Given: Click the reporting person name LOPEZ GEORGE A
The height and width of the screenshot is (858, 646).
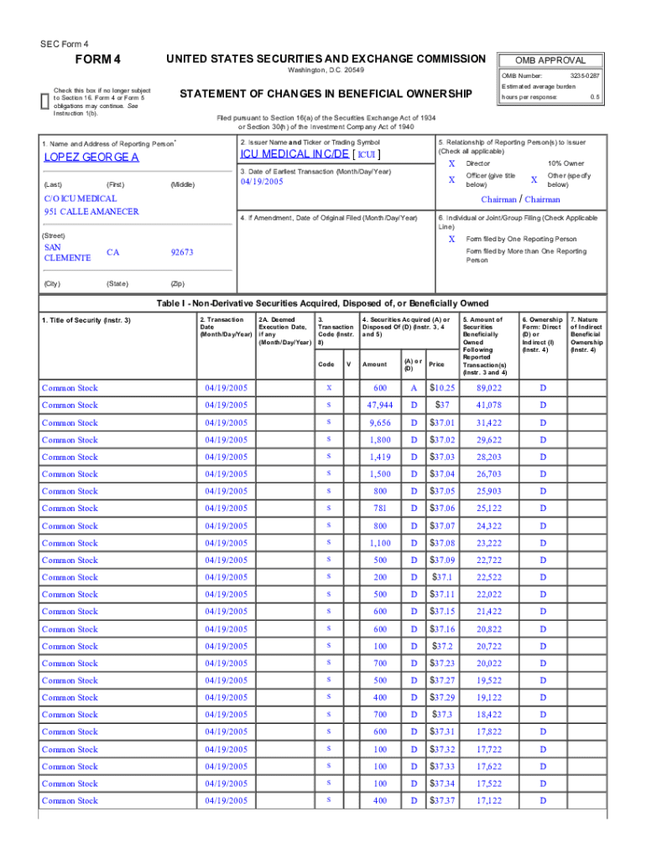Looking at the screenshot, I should (91, 158).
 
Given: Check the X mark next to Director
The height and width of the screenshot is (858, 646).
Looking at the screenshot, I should (451, 163).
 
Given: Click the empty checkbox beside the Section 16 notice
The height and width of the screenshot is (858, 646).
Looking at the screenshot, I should (45, 100).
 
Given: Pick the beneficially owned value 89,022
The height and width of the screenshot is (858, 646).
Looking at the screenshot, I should (488, 388).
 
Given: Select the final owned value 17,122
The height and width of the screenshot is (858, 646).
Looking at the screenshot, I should (488, 801).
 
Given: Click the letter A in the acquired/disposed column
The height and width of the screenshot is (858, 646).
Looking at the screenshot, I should (413, 388).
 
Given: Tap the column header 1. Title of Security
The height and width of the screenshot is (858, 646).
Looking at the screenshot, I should (86, 320).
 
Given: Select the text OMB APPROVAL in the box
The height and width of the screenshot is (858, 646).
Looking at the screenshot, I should (550, 60).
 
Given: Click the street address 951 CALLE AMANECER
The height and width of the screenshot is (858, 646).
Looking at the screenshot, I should (91, 211).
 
